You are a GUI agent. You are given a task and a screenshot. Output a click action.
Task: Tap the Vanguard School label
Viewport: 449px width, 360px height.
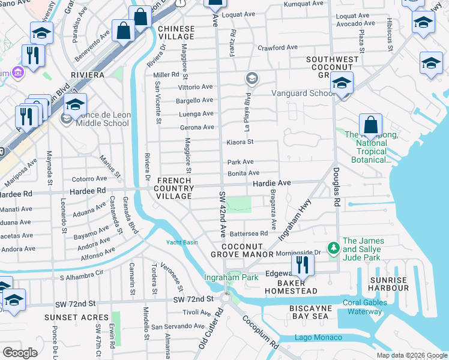(303, 93)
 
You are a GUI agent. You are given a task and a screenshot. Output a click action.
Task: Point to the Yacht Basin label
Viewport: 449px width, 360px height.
(182, 242)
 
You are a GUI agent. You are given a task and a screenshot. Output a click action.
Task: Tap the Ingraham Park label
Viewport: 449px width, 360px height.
(231, 277)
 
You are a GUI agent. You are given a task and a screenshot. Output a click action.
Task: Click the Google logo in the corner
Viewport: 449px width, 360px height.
(20, 352)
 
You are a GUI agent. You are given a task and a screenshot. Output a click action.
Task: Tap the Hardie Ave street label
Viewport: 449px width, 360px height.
(271, 182)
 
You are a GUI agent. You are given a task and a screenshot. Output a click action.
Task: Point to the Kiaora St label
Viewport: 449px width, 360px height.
(240, 142)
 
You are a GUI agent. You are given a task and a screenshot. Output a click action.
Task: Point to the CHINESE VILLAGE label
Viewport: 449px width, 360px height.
(176, 32)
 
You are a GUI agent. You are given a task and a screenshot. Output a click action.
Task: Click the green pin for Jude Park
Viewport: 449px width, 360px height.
(333, 247)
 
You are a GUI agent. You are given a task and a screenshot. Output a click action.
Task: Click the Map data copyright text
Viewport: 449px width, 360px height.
(412, 355)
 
